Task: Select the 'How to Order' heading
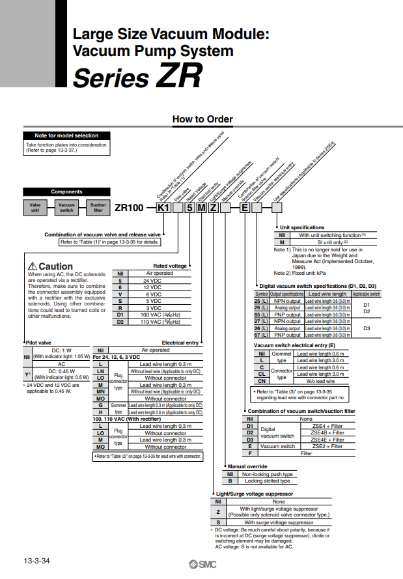coord(202,119)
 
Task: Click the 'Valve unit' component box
coord(35,207)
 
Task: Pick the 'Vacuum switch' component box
coord(66,207)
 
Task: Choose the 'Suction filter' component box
coord(98,207)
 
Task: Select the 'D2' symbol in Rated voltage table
coord(120,322)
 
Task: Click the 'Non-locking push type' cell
coord(268,474)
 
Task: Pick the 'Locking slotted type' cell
coord(268,481)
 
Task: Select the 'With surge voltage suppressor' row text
coord(278,522)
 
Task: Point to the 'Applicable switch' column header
coord(366,294)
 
